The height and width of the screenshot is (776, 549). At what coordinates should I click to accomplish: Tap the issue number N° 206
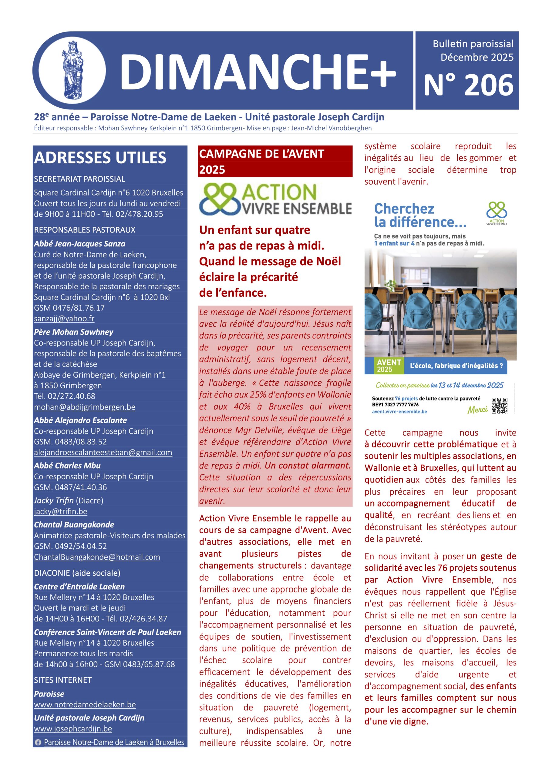point(469,85)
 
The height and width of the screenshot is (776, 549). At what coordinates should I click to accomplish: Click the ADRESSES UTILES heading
point(100,158)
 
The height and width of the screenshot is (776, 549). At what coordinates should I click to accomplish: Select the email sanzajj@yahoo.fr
point(64,319)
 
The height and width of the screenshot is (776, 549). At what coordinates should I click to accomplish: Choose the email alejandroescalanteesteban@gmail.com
point(103,453)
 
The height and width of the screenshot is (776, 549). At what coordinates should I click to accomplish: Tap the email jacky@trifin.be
point(61,512)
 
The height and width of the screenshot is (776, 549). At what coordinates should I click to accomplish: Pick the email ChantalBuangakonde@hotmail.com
point(97,557)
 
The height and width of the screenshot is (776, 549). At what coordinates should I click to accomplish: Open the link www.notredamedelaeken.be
point(85,705)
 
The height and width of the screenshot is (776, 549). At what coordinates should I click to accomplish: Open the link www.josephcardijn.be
point(73,729)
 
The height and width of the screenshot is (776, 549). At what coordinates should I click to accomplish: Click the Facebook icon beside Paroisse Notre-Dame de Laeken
point(38,743)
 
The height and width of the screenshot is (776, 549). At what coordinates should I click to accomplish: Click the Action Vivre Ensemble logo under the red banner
point(275,199)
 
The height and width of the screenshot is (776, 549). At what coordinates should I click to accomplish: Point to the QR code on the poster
point(499,406)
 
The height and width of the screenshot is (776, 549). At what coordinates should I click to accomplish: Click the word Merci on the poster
point(477,410)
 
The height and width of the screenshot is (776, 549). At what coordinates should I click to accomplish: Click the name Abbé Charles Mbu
point(67,466)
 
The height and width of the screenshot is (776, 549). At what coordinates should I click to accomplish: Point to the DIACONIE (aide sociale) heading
point(77,573)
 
